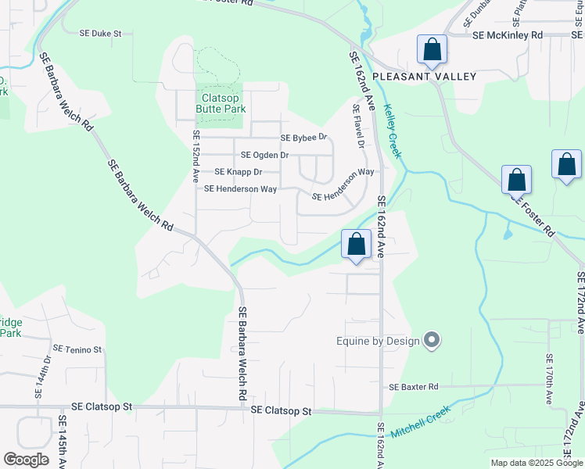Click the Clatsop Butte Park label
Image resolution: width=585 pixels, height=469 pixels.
224,103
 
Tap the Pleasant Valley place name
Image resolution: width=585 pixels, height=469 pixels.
424,76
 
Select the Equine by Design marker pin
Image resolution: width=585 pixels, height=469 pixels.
432,340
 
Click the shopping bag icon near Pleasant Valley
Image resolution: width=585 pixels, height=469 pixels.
432,50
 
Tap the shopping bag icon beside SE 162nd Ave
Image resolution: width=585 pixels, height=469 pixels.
357,244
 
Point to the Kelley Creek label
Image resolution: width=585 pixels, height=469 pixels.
393,132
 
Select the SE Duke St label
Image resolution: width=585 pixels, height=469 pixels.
102,34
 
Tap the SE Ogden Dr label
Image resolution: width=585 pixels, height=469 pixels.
264,155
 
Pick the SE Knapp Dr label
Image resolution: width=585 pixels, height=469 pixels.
238,171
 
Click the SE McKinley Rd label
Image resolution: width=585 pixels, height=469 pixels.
508,35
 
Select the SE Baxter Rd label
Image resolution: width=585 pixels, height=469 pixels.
414,387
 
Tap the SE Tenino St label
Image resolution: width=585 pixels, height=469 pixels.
77,349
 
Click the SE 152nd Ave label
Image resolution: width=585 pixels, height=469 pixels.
196,157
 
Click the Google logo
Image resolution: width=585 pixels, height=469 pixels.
26,460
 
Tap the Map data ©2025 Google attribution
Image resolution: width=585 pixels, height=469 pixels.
537,463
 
